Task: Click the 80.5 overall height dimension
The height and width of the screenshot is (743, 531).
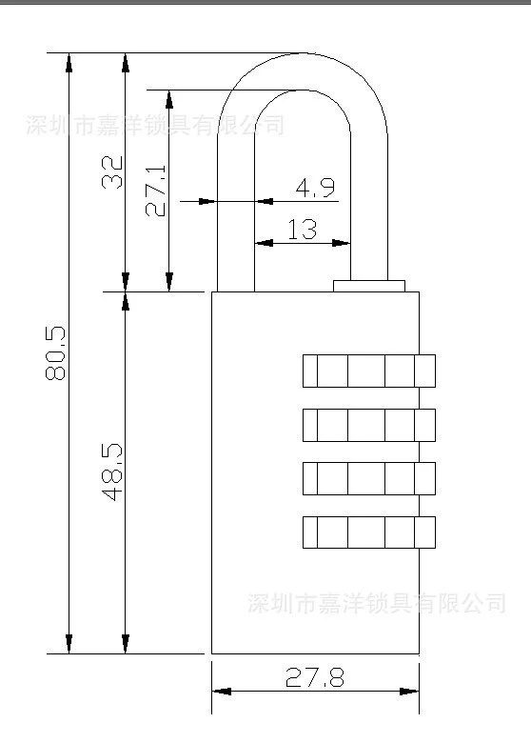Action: tap(55, 353)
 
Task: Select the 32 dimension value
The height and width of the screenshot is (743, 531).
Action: tap(112, 172)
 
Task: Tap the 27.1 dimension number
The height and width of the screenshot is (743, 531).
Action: tap(156, 191)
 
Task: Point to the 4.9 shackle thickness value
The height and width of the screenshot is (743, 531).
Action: tap(315, 188)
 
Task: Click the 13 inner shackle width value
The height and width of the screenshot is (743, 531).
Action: tap(303, 229)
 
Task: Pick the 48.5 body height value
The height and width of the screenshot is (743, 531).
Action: tap(112, 472)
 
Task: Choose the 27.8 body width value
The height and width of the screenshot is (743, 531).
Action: tap(315, 677)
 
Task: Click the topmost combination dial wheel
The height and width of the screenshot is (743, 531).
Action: tap(369, 371)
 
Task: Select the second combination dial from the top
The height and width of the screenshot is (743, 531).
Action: tap(369, 425)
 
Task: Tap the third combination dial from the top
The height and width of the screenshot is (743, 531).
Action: tap(369, 478)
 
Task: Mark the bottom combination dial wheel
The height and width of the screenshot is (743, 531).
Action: tap(369, 532)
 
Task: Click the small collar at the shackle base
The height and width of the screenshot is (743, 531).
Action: tap(369, 286)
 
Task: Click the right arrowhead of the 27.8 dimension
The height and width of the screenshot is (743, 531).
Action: tap(409, 692)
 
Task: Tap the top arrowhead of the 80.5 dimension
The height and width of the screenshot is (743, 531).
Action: tap(69, 63)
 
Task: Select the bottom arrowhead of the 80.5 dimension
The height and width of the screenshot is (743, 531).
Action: tap(69, 644)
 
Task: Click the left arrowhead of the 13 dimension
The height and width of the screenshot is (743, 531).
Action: tap(265, 243)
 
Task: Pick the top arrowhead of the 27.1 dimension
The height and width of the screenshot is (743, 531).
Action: tap(169, 99)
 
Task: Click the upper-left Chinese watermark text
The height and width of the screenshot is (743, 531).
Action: tap(155, 125)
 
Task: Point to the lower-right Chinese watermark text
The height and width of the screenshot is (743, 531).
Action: tap(377, 603)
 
